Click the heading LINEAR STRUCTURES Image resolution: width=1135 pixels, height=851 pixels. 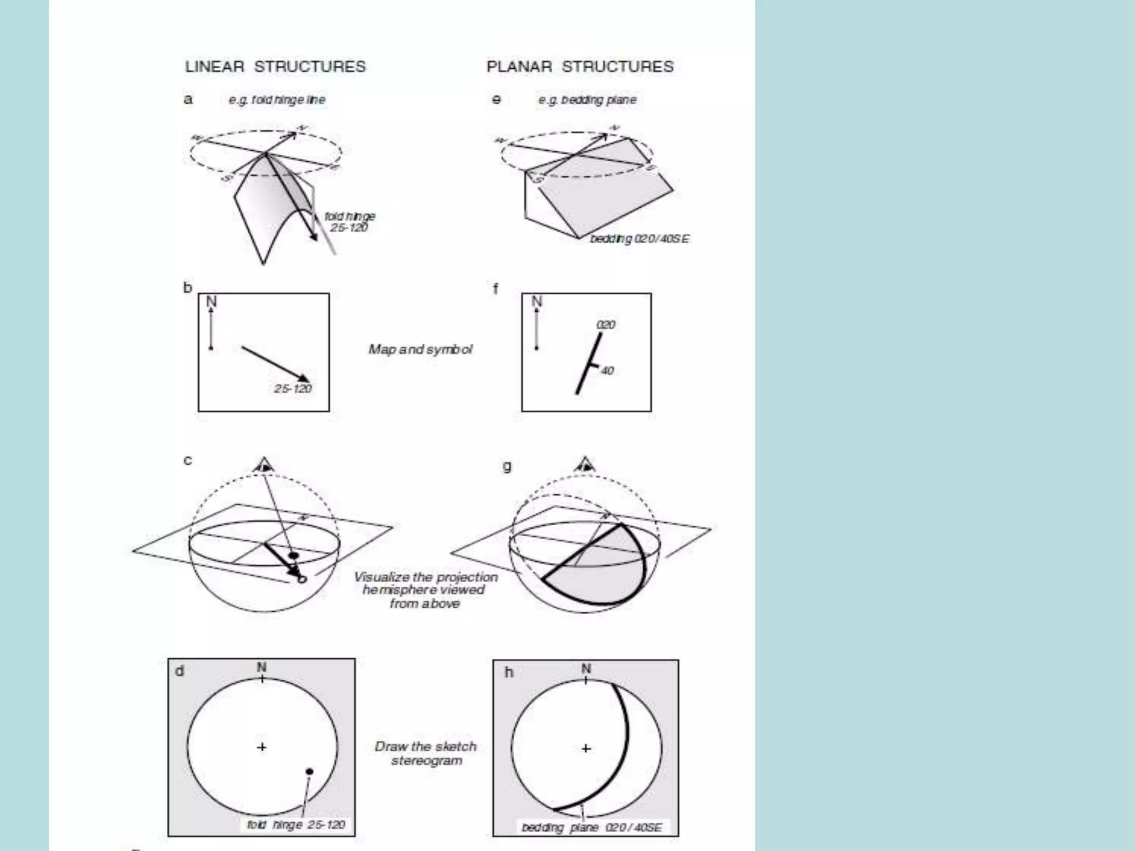pyautogui.click(x=275, y=66)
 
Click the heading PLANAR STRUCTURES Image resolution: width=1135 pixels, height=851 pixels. pyautogui.click(x=580, y=66)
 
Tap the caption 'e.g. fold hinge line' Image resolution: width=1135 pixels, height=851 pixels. pyautogui.click(x=277, y=100)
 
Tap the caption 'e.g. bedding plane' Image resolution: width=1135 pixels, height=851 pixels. pyautogui.click(x=587, y=100)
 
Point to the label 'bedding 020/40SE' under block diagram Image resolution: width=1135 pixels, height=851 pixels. pyautogui.click(x=640, y=239)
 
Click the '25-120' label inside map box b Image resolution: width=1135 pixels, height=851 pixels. pyautogui.click(x=293, y=388)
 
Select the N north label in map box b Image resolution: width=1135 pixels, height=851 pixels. pyautogui.click(x=211, y=301)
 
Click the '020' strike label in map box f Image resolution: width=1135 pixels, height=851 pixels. pyautogui.click(x=606, y=325)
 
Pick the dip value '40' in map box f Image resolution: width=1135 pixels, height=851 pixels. pyautogui.click(x=607, y=371)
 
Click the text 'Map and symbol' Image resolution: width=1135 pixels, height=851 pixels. pyautogui.click(x=421, y=349)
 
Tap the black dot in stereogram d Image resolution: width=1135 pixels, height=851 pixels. pyautogui.click(x=309, y=771)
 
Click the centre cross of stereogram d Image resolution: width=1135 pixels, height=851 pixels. pyautogui.click(x=262, y=747)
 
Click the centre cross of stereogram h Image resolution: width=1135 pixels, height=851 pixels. pyautogui.click(x=586, y=749)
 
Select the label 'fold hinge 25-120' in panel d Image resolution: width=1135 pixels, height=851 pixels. pyautogui.click(x=296, y=825)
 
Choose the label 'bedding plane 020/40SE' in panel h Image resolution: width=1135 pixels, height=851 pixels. pyautogui.click(x=591, y=827)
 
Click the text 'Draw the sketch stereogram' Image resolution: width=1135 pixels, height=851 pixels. pyautogui.click(x=426, y=753)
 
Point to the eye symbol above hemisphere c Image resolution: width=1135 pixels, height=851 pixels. pyautogui.click(x=264, y=465)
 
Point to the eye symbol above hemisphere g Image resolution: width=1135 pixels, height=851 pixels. pyautogui.click(x=585, y=465)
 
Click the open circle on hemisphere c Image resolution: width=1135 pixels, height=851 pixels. pyautogui.click(x=302, y=580)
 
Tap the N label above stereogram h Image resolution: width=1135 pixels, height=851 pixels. pyautogui.click(x=586, y=669)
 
